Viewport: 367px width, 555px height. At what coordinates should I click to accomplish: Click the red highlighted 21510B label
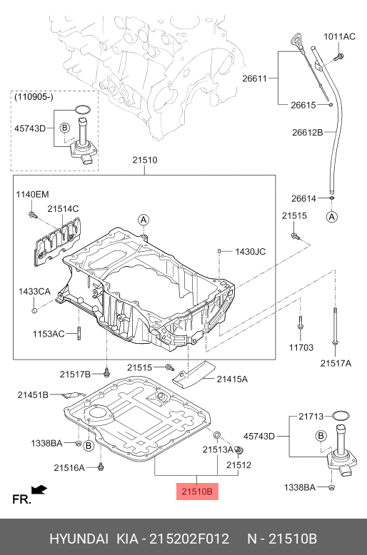click(x=197, y=492)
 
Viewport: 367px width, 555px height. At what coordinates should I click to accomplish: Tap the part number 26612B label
click(x=308, y=133)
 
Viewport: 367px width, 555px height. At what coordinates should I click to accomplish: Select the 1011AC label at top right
click(x=339, y=36)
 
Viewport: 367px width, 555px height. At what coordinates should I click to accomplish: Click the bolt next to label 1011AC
click(x=339, y=56)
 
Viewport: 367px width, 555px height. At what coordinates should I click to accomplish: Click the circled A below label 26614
click(x=331, y=216)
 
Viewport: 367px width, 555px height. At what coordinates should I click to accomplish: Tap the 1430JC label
click(x=250, y=252)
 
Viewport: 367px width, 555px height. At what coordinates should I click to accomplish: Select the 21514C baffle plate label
click(x=63, y=209)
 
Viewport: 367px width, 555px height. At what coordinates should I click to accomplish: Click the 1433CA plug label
click(x=34, y=292)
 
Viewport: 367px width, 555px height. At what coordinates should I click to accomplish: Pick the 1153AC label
click(x=49, y=334)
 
